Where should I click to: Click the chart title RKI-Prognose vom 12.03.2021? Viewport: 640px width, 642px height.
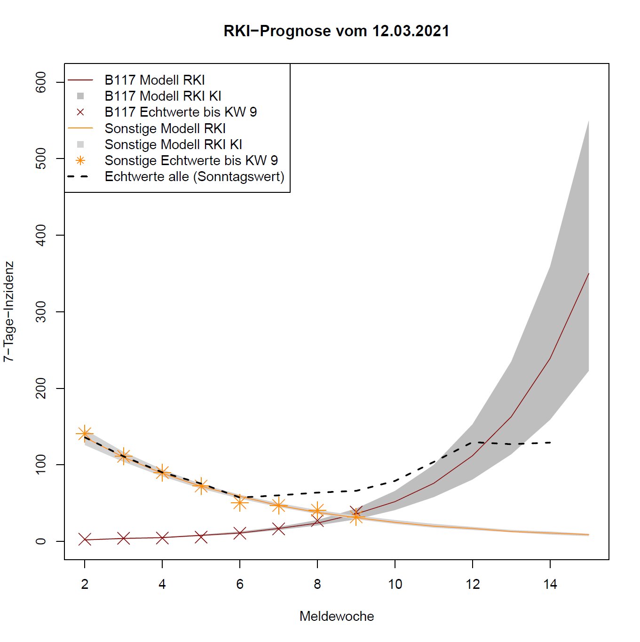[x=336, y=31]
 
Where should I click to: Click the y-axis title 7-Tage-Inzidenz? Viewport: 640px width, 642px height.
[x=8, y=311]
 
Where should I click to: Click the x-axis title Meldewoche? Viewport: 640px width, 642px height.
[x=337, y=616]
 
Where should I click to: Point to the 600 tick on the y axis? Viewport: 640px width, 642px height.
[x=41, y=82]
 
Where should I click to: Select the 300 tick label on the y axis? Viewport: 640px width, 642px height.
[x=41, y=312]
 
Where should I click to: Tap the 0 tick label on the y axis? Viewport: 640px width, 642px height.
[x=41, y=541]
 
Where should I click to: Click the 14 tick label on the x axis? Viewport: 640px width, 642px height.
[x=550, y=584]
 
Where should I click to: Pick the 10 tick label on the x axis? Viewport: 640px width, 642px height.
[x=395, y=584]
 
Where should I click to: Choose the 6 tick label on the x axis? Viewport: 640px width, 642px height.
[x=240, y=584]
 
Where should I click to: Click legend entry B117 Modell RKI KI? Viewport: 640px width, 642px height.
[x=163, y=96]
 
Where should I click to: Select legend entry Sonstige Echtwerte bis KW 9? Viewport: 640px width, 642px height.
[x=191, y=160]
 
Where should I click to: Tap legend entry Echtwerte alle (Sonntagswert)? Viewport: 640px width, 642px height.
[x=194, y=177]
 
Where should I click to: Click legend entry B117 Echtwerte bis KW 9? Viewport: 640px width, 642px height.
[x=181, y=112]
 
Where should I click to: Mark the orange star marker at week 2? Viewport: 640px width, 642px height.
[x=85, y=434]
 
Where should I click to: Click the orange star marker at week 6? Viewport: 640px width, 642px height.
[x=240, y=503]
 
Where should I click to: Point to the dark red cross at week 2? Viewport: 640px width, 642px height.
[x=85, y=539]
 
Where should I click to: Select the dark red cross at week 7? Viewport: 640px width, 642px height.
[x=278, y=529]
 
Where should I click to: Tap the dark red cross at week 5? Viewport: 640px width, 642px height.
[x=201, y=536]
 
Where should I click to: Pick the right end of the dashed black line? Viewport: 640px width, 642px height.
[x=550, y=443]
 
